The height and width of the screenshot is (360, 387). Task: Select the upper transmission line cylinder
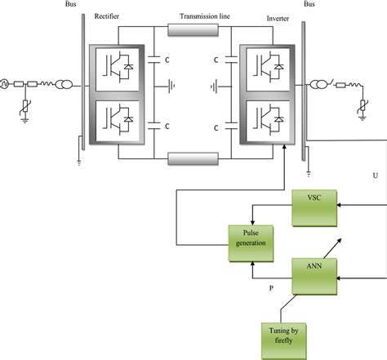[x=193, y=31]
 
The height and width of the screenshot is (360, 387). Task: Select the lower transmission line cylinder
[x=193, y=156]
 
